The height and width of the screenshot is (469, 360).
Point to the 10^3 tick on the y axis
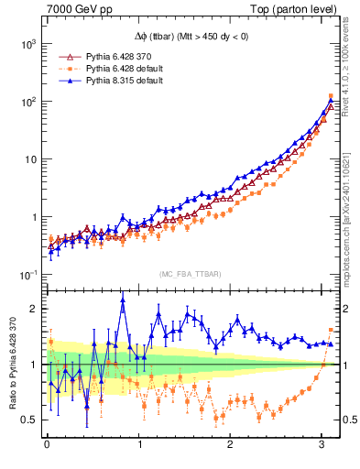click(27, 43)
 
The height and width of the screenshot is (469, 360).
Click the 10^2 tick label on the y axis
click(27, 101)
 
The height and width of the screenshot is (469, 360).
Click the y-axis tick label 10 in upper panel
click(29, 159)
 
